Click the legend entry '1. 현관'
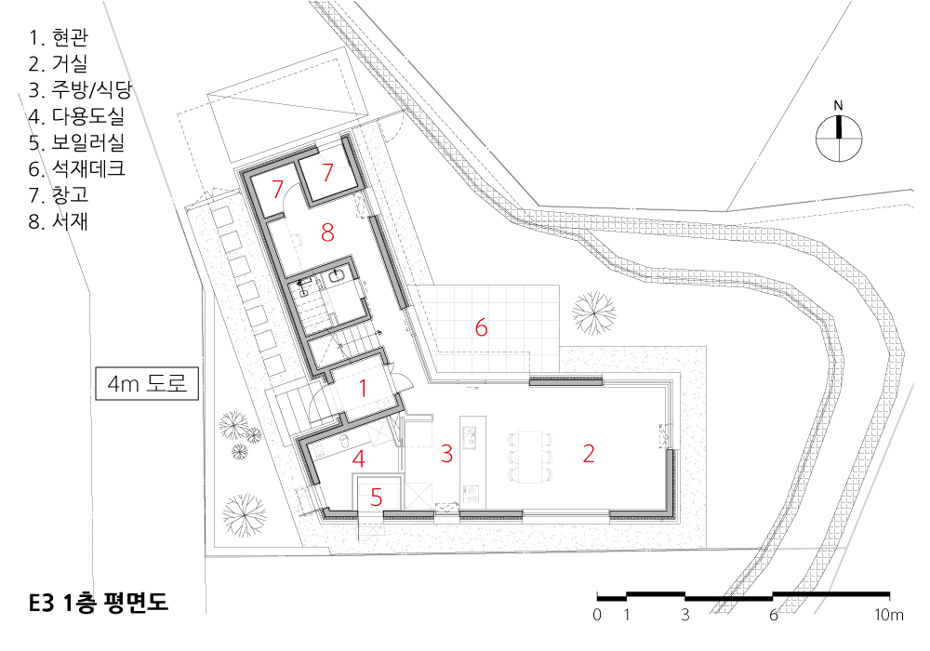click(x=58, y=37)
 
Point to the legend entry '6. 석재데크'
click(x=76, y=168)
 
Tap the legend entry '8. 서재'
click(x=58, y=221)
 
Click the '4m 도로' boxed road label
click(x=147, y=383)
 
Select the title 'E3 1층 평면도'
click(x=99, y=603)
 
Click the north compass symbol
click(x=839, y=139)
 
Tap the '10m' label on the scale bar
click(x=889, y=615)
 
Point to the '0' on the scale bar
click(x=597, y=615)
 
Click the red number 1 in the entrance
click(x=363, y=389)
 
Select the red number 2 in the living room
click(x=589, y=453)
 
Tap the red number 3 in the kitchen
click(x=446, y=454)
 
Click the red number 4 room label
click(x=358, y=458)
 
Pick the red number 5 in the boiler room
click(x=376, y=498)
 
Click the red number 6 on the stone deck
click(x=481, y=327)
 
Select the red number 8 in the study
click(x=327, y=232)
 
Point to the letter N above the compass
click(x=838, y=105)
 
